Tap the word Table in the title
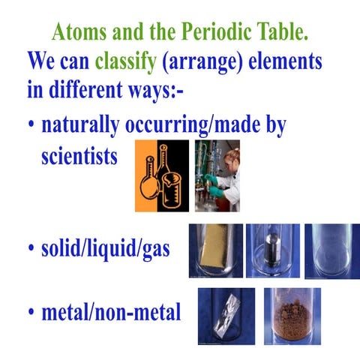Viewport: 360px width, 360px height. (290, 32)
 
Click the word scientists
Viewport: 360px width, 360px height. (79, 157)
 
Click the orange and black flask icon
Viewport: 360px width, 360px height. (161, 175)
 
